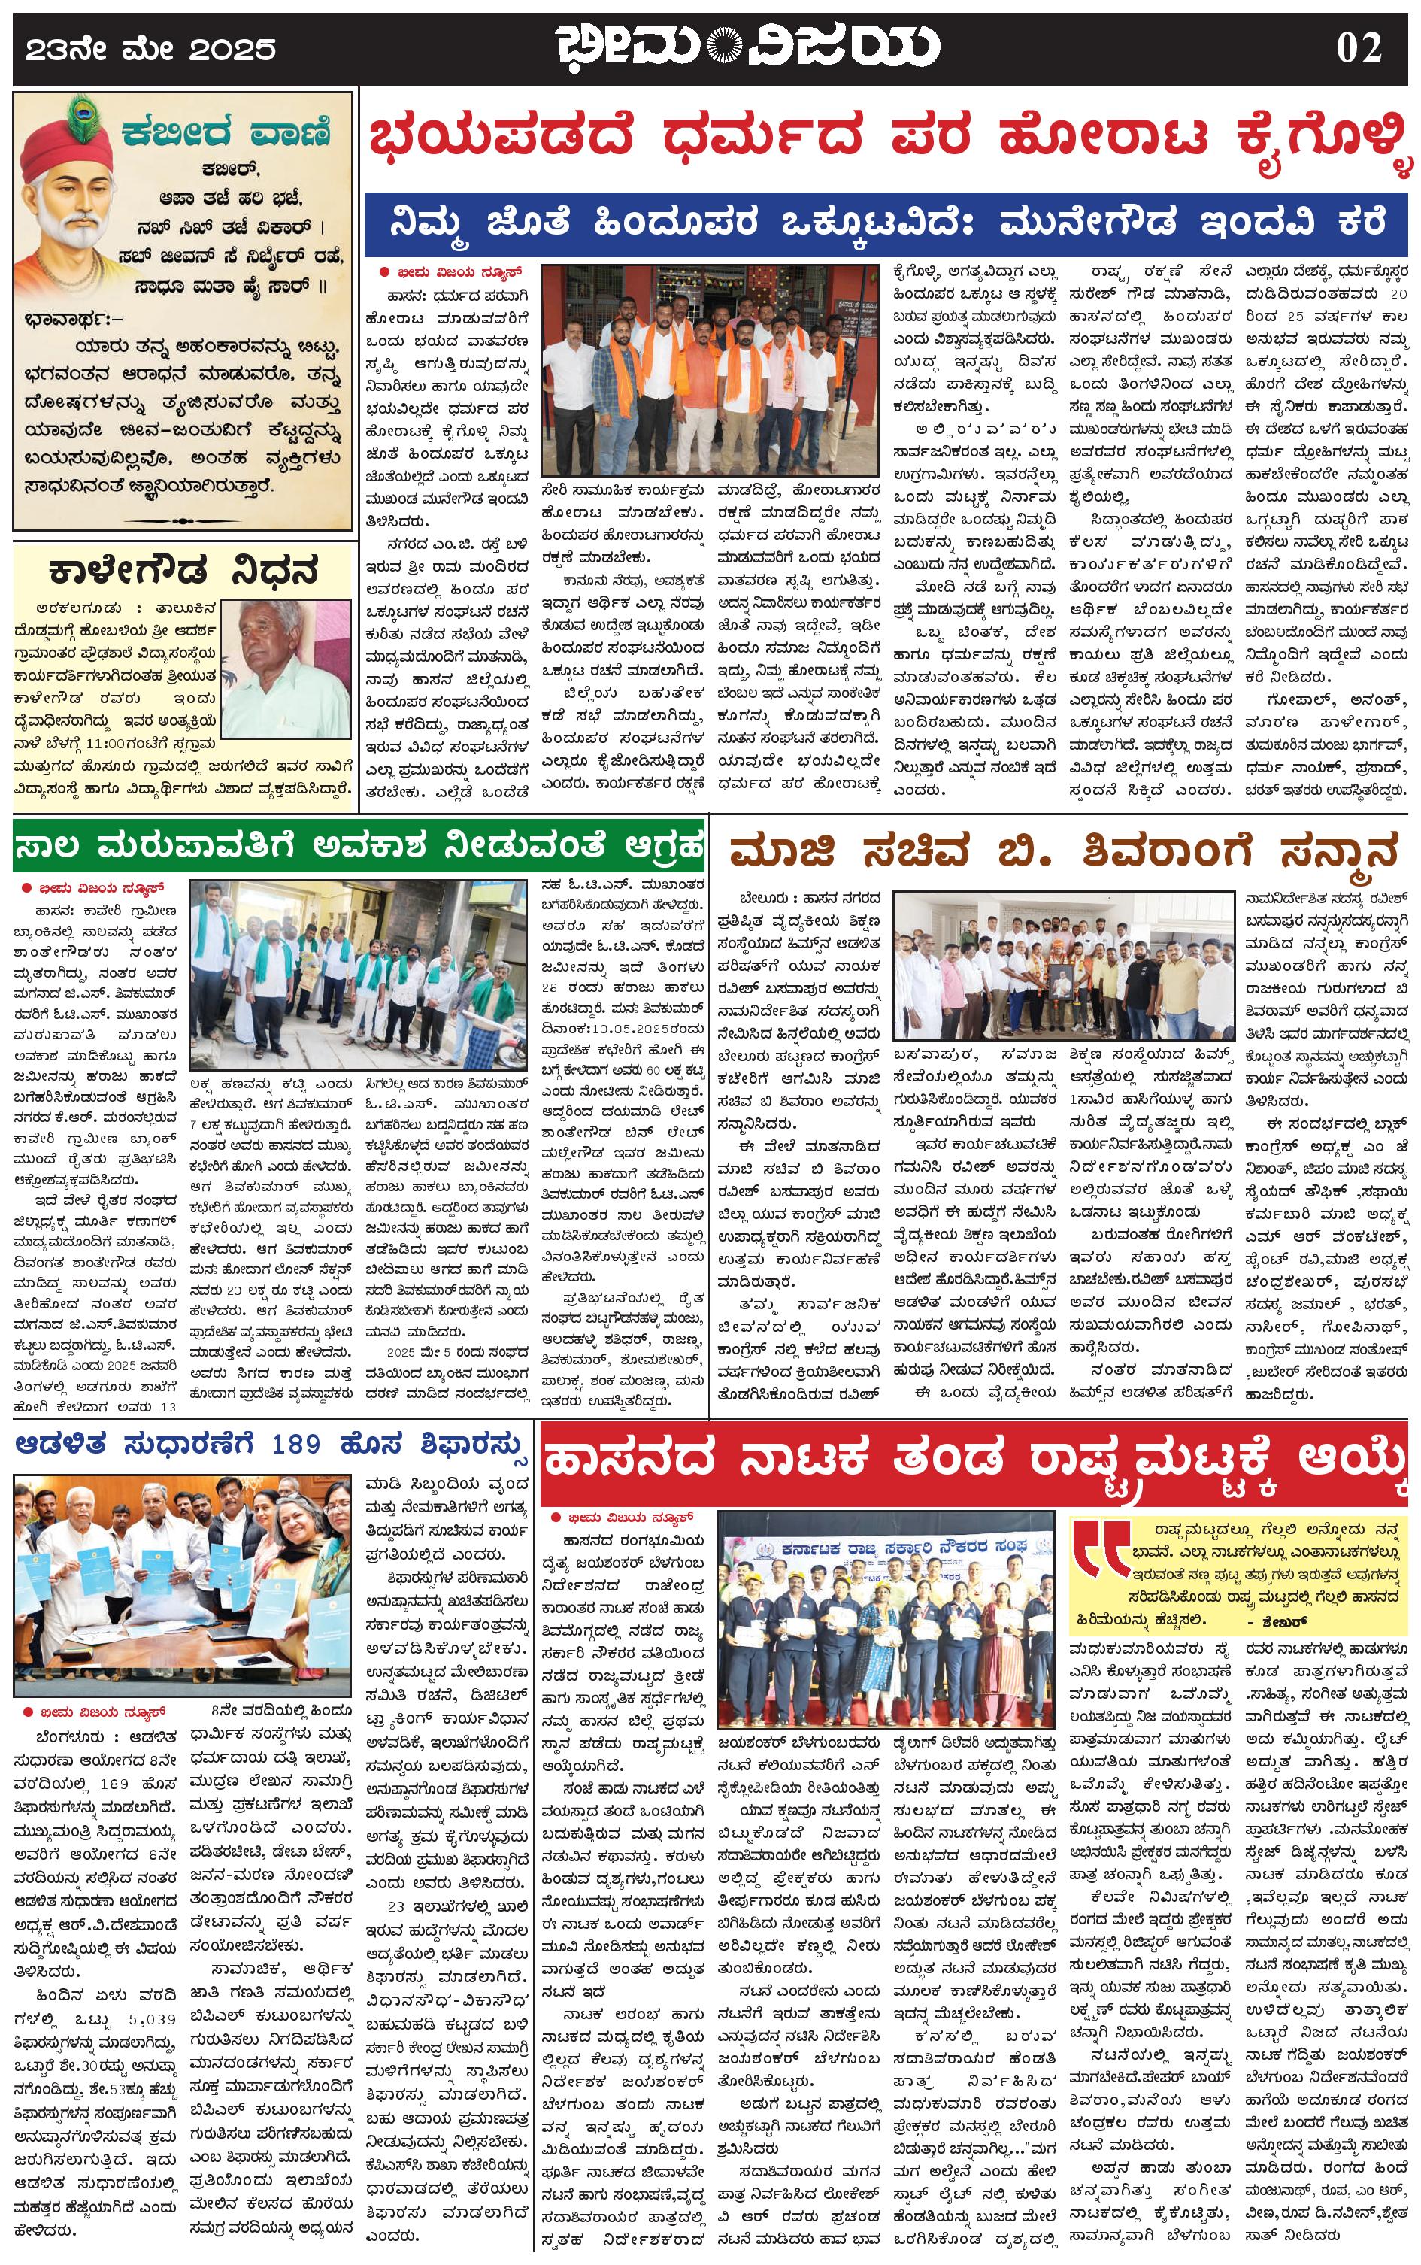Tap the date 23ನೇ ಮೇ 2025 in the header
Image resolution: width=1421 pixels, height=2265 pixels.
click(150, 49)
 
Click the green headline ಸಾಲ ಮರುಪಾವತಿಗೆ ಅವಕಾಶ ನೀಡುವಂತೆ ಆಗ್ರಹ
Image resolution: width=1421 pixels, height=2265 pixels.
click(358, 847)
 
